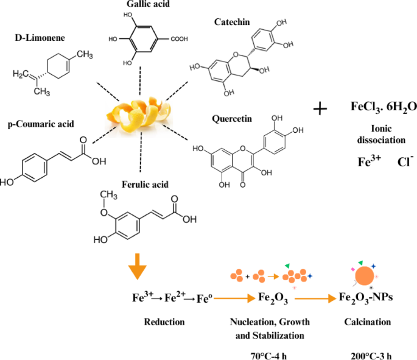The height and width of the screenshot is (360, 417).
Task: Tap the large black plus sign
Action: pos(320,109)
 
